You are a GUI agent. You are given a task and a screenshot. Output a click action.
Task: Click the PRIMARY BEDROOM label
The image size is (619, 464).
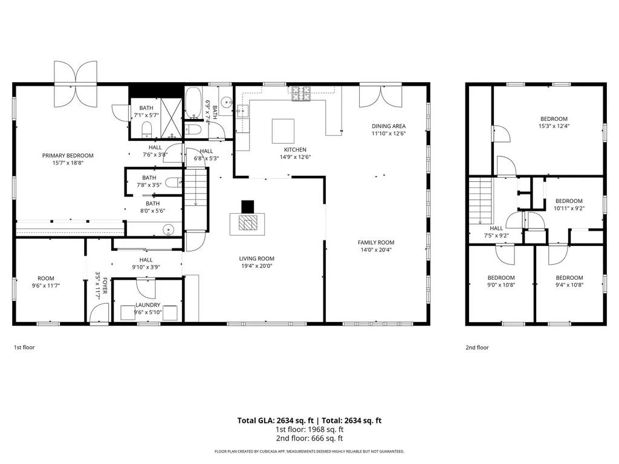pos(68,155)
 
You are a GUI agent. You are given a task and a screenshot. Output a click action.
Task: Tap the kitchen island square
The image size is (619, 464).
pos(283,130)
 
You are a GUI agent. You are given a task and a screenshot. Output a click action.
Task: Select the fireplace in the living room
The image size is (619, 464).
pos(247,223)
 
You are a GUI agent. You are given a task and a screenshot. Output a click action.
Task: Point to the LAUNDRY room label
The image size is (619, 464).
pos(147,305)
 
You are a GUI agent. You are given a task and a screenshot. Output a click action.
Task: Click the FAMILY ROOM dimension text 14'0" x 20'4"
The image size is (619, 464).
pos(375,250)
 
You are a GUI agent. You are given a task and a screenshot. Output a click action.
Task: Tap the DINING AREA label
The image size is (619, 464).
pos(388,126)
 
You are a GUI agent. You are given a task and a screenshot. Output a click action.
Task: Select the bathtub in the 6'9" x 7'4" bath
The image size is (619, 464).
pos(194,103)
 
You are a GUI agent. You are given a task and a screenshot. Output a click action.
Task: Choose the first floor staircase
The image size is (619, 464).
pos(195,187)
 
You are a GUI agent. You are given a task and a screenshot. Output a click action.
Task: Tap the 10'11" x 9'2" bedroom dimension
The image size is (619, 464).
pos(569,208)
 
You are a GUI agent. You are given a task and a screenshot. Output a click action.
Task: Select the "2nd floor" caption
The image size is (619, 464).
pos(477,347)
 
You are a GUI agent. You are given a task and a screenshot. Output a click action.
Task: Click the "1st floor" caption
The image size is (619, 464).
pos(25,347)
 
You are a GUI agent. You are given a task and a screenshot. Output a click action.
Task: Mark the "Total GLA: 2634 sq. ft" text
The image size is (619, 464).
pos(275,420)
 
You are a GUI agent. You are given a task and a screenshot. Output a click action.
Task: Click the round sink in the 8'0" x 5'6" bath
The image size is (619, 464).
pos(169,229)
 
